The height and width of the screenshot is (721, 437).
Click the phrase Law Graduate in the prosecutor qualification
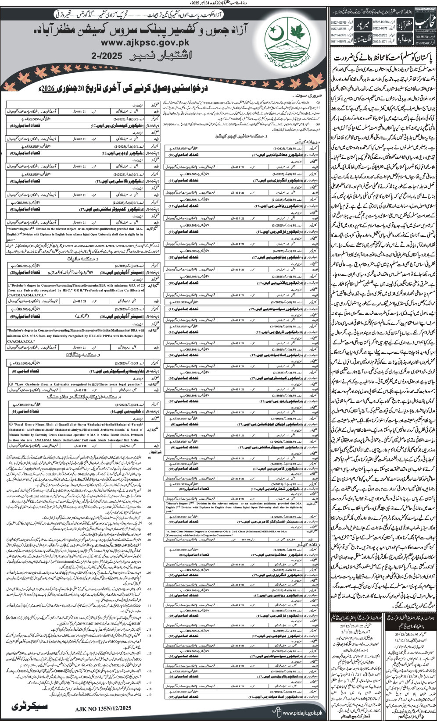coord(29,384)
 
